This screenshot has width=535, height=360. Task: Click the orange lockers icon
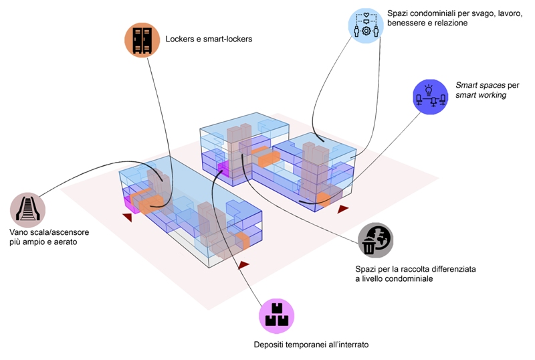point(142,40)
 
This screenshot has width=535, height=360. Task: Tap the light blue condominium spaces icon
point(365,26)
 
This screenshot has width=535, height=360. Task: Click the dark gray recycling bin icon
point(375,240)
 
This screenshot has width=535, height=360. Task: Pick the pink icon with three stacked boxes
point(276,316)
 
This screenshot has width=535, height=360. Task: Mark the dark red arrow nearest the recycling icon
point(343,209)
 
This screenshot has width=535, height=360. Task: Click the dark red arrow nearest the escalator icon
point(128,215)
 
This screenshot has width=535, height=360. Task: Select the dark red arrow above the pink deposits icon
point(243,266)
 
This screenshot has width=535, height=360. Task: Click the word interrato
point(346,345)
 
